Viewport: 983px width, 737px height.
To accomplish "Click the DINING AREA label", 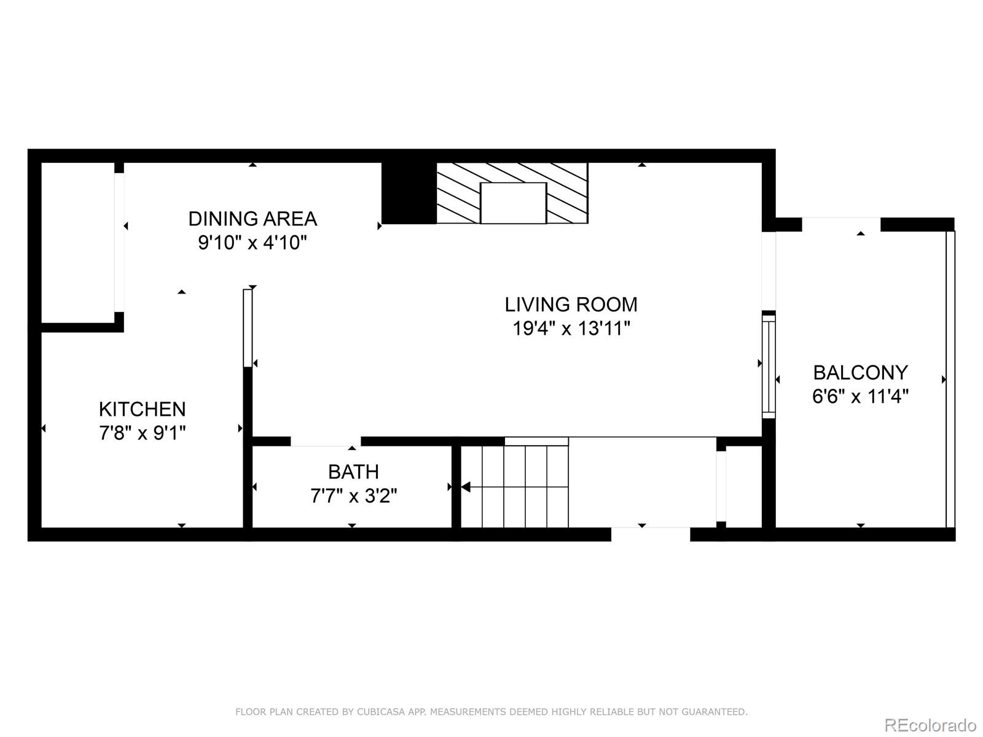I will coord(253,219).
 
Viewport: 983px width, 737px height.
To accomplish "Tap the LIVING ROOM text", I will coord(571,305).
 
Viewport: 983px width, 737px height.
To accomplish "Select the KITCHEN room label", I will coord(142,409).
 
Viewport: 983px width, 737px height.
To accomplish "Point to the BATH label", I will coord(353,472).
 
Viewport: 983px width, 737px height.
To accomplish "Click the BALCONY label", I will coord(860,372).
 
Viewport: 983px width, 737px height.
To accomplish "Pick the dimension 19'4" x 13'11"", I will coord(571,329).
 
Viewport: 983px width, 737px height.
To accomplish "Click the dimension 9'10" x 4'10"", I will coord(252,243).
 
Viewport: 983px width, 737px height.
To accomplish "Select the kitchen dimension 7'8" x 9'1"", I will coord(142,434).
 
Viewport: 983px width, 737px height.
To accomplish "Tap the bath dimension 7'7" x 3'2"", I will coord(353,496).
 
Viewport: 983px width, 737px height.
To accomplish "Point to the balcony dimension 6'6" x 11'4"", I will coord(860,397).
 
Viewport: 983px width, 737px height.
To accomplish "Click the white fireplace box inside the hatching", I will coord(513,203).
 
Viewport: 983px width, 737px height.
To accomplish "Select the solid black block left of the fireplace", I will coord(409,193).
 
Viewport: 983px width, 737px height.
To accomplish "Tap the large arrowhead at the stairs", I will coord(466,487).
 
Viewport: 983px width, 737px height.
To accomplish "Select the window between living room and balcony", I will coord(769,366).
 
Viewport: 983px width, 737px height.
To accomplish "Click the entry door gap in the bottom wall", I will coord(651,534).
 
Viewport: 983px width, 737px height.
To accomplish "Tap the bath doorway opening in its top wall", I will coord(326,441).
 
